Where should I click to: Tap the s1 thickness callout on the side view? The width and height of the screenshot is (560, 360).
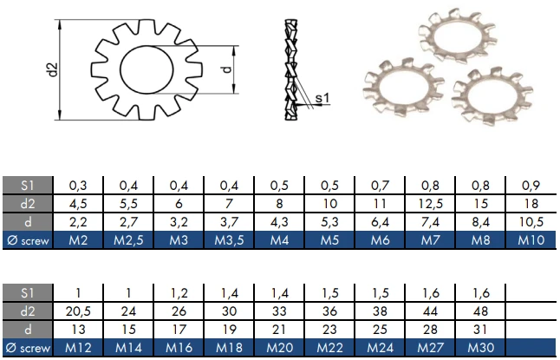[x=320, y=99]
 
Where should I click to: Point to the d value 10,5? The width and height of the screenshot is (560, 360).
[x=530, y=222]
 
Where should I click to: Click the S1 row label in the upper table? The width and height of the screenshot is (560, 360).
[x=28, y=186]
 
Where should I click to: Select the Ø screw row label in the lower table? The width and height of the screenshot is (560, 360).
[x=28, y=347]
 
